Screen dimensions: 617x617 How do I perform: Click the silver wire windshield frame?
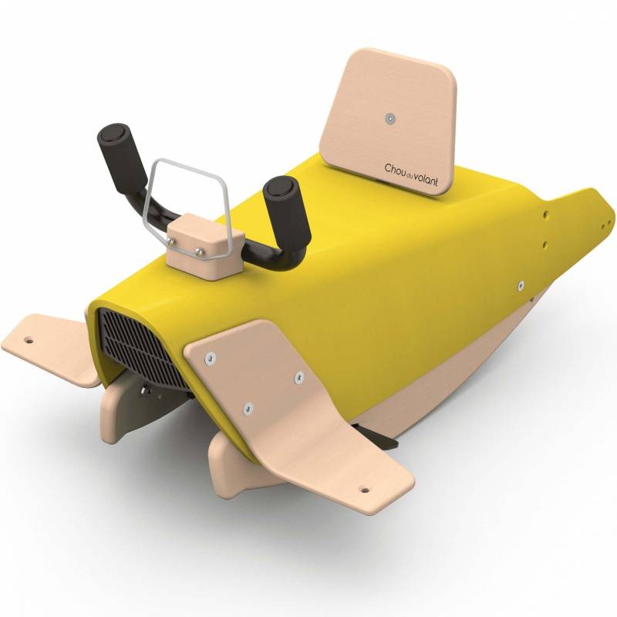pyautogui.click(x=185, y=204)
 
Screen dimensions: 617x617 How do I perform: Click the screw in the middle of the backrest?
pyautogui.click(x=389, y=119)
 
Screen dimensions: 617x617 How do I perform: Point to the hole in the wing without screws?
pyautogui.click(x=29, y=339)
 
